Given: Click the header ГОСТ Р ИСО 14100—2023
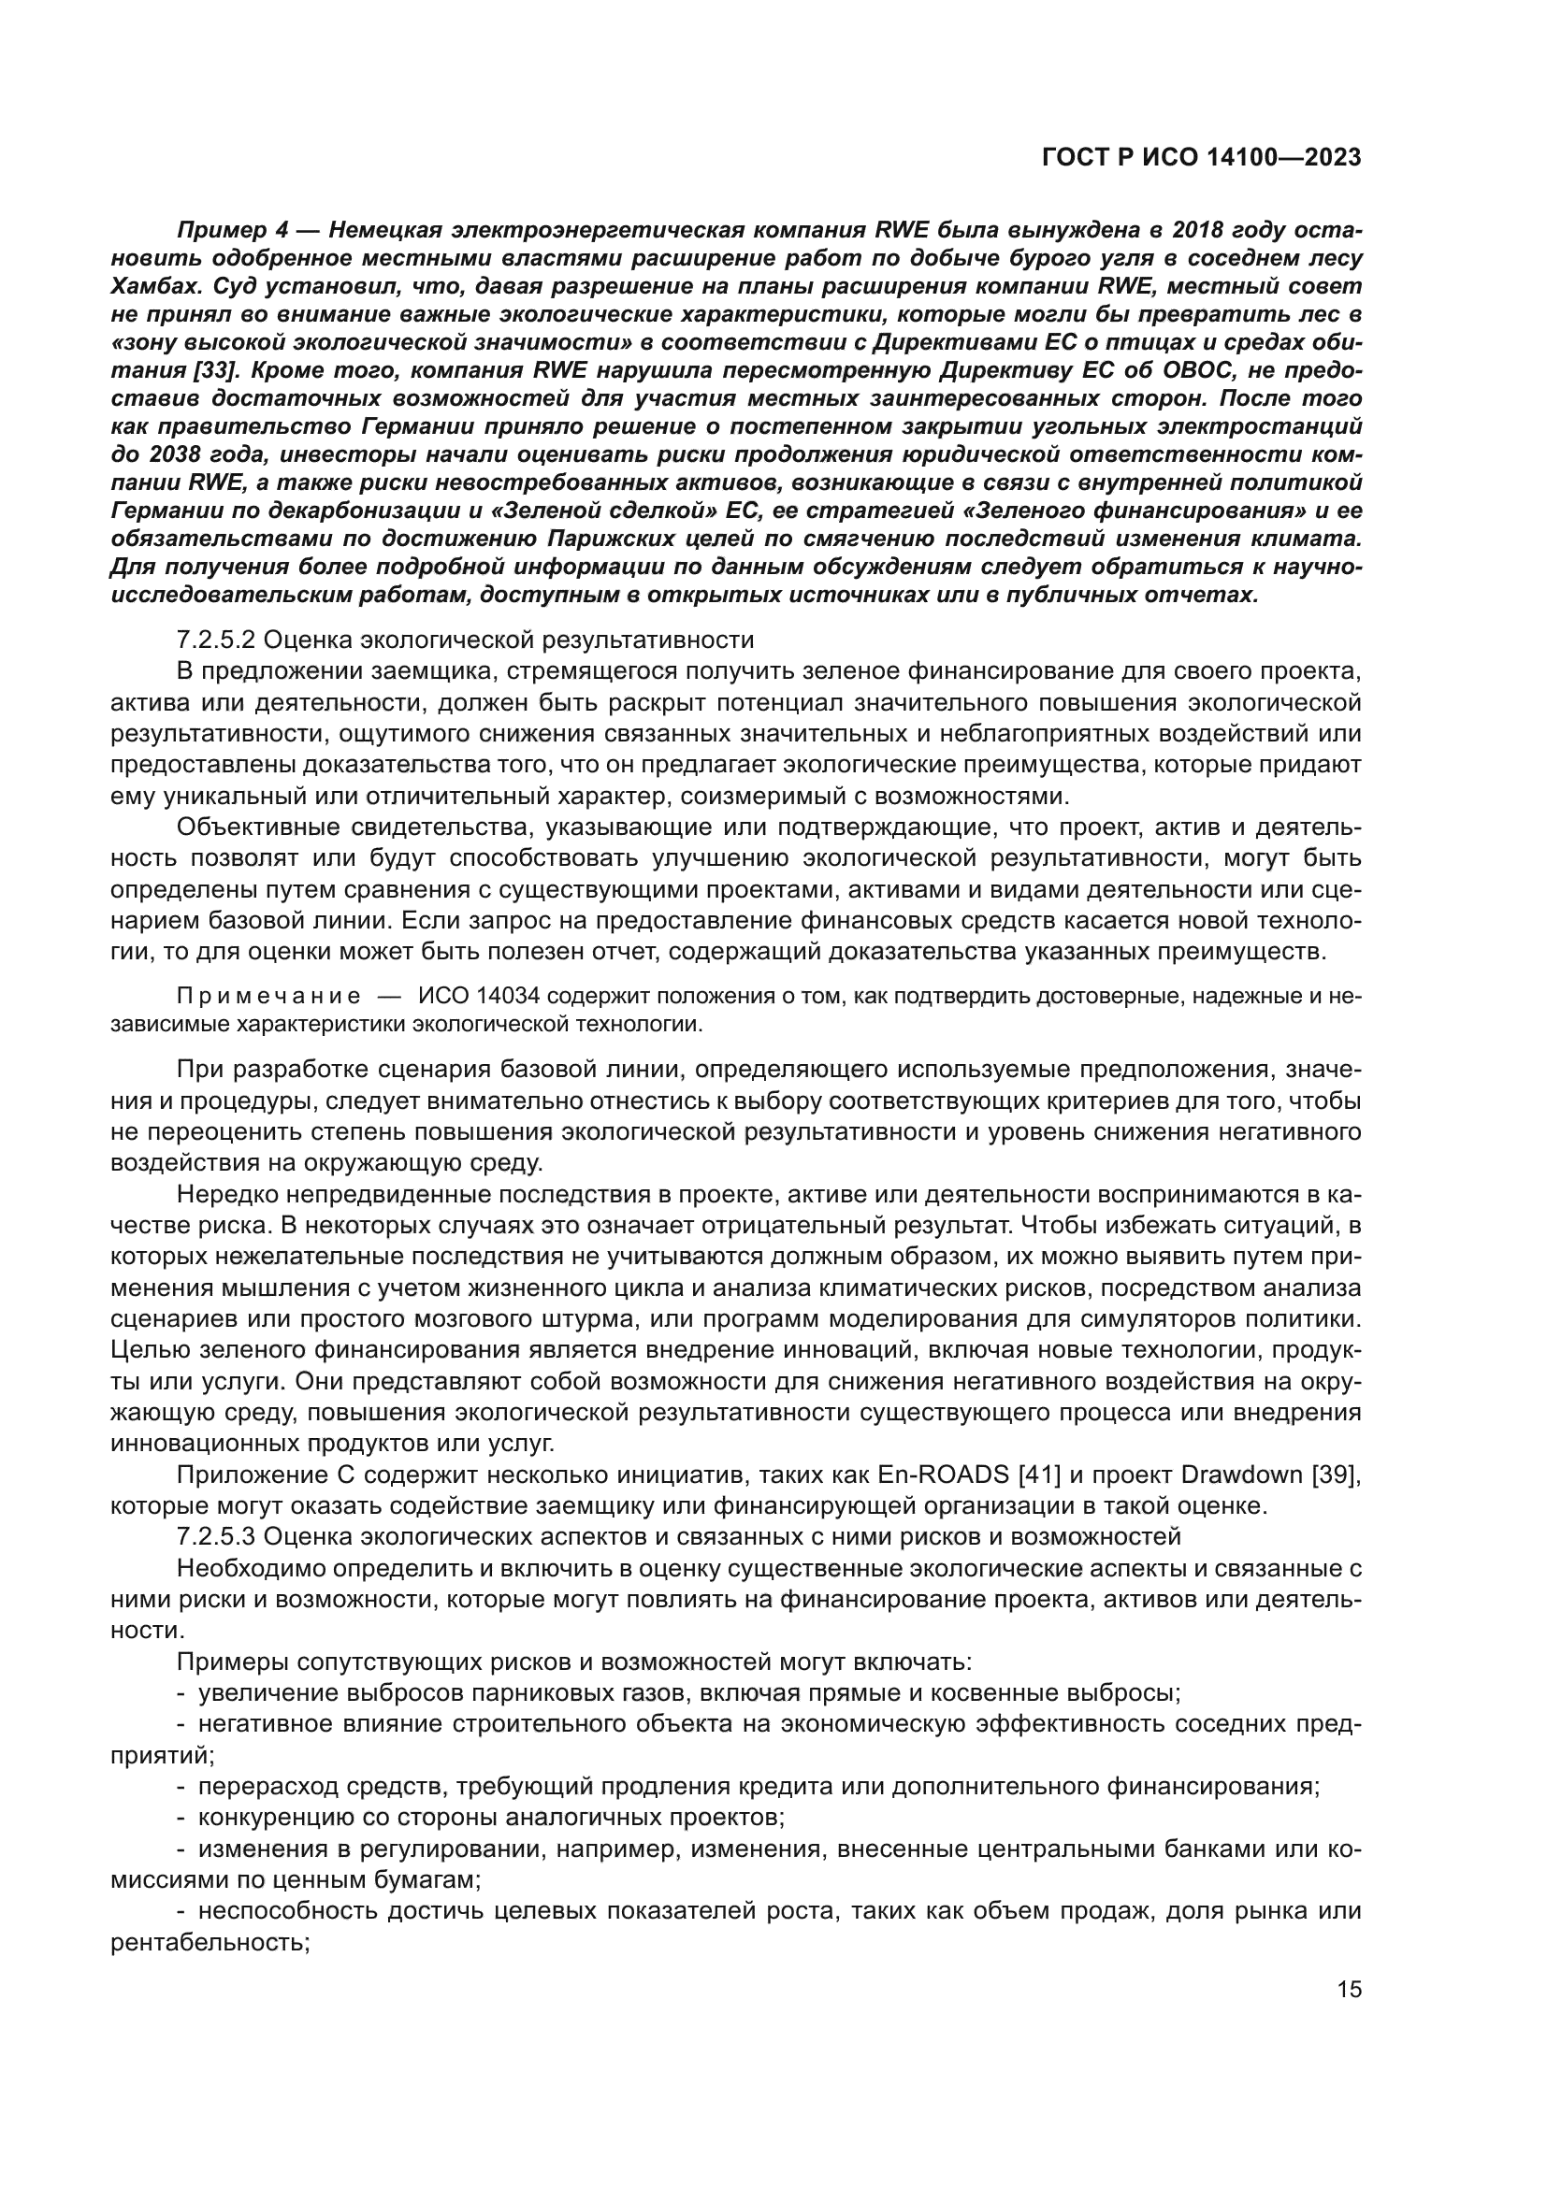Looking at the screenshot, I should tap(1201, 158).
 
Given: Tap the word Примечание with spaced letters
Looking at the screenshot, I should tap(268, 997).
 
